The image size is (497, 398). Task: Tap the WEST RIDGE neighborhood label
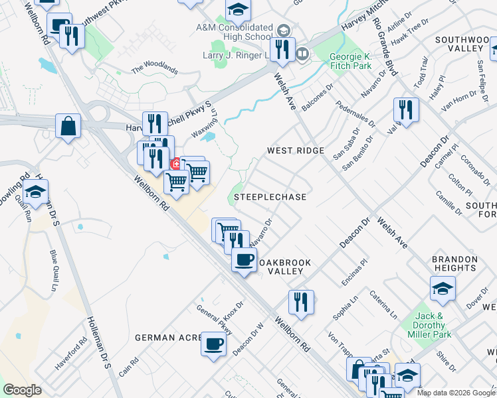tap(296, 151)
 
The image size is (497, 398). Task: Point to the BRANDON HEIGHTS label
tap(455, 264)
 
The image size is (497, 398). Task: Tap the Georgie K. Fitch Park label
tap(350, 62)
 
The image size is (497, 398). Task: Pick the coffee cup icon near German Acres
tap(213, 344)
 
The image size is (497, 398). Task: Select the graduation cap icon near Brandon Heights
tap(443, 289)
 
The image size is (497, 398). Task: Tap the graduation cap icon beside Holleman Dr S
tap(35, 192)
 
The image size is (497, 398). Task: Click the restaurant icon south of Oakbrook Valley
tap(300, 302)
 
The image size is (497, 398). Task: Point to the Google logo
tap(23, 390)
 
